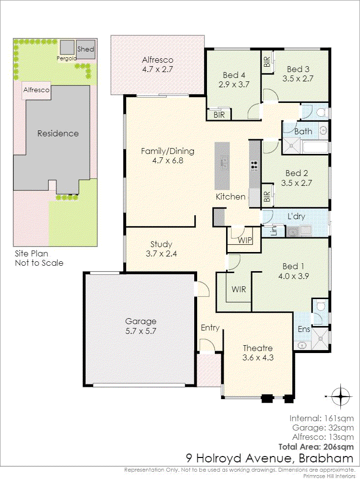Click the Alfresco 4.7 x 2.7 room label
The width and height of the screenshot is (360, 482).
click(158, 65)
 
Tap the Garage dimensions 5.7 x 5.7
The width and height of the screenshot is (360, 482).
click(141, 331)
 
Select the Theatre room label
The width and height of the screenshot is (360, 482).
click(257, 348)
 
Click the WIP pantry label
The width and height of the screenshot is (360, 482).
click(245, 240)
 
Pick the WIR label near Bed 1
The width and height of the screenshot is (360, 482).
click(239, 289)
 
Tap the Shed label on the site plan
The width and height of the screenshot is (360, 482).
click(86, 49)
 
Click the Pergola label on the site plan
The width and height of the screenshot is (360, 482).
click(66, 58)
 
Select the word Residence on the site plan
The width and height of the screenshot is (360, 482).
click(58, 133)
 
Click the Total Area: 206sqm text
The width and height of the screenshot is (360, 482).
click(316, 447)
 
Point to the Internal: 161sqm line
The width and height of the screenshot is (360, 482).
click(322, 418)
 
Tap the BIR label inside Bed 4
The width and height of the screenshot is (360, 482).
click(219, 115)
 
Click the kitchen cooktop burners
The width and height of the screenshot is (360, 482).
click(254, 166)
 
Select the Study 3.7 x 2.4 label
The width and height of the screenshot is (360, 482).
click(161, 249)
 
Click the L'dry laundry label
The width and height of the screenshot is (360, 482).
click(296, 216)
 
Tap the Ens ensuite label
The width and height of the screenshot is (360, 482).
click(304, 329)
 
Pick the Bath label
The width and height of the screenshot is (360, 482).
click(304, 131)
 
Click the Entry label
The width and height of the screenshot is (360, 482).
click(210, 328)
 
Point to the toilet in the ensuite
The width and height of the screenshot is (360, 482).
click(321, 306)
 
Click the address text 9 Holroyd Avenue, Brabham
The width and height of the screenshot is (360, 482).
click(270, 458)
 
